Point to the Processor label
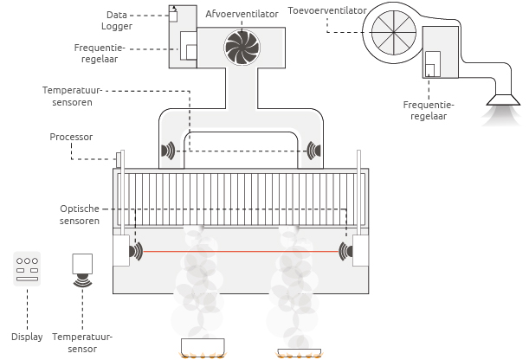71,137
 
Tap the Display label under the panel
27,337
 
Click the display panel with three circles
28,267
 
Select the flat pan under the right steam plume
300,352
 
